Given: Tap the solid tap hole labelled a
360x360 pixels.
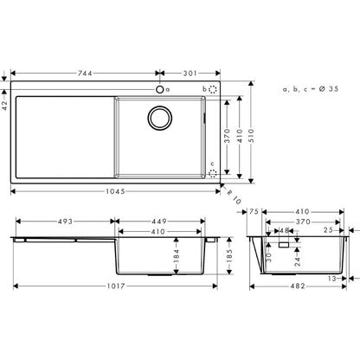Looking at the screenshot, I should pyautogui.click(x=158, y=88).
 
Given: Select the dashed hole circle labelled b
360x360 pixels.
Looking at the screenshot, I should pyautogui.click(x=214, y=89).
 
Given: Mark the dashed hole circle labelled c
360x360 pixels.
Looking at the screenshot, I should pyautogui.click(x=214, y=173).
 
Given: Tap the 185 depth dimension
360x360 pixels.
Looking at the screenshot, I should pyautogui.click(x=229, y=256).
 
